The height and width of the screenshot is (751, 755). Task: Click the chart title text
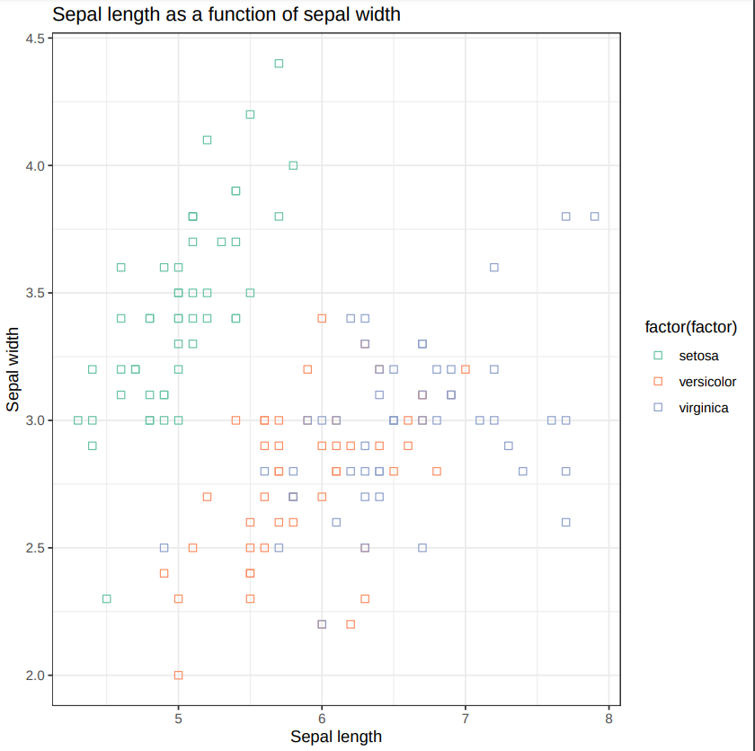226,14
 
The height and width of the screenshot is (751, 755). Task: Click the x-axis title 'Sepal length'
336,737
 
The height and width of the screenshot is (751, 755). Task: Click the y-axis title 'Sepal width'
13,369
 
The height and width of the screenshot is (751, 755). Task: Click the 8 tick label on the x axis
608,719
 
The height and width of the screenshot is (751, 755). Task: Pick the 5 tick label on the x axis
178,719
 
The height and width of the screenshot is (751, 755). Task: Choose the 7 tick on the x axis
466,719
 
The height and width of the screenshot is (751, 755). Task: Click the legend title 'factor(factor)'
691,326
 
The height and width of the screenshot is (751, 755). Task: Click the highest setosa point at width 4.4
279,63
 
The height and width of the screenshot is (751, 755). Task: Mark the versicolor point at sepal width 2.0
178,675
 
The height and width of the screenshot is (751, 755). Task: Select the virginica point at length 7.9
594,216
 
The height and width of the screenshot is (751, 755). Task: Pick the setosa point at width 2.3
107,598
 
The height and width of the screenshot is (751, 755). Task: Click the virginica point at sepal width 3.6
494,267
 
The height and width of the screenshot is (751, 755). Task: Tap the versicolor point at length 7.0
466,369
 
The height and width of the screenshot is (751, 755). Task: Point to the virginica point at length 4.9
164,547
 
